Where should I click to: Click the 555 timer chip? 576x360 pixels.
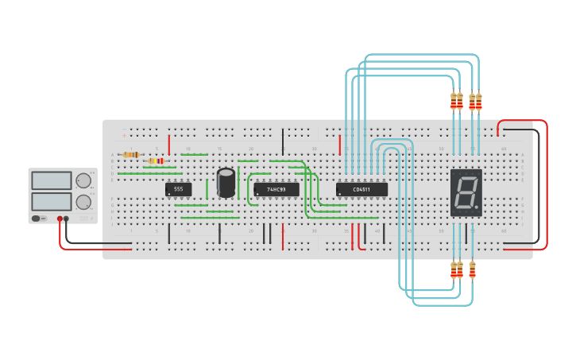(x=178, y=189)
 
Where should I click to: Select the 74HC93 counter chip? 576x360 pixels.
(x=276, y=190)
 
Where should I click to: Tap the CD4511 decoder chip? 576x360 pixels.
(x=361, y=189)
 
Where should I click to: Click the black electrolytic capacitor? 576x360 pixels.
(x=226, y=182)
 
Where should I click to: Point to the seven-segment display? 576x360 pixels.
(x=466, y=192)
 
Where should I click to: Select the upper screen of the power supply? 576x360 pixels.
(x=52, y=180)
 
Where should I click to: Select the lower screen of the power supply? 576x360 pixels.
(x=52, y=201)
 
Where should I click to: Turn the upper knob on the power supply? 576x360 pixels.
(x=83, y=181)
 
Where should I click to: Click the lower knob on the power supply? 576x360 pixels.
(x=83, y=202)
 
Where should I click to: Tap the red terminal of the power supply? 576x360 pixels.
(x=60, y=219)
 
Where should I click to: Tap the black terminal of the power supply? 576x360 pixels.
(x=66, y=219)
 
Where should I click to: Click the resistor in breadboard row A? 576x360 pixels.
(x=131, y=154)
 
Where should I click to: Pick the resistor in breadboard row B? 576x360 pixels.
(x=156, y=161)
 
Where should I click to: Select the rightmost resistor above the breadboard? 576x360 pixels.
(x=478, y=102)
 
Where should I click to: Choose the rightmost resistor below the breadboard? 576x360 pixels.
(x=472, y=269)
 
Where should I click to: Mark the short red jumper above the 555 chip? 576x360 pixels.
(x=169, y=145)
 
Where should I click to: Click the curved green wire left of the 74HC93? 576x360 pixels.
(x=249, y=191)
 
